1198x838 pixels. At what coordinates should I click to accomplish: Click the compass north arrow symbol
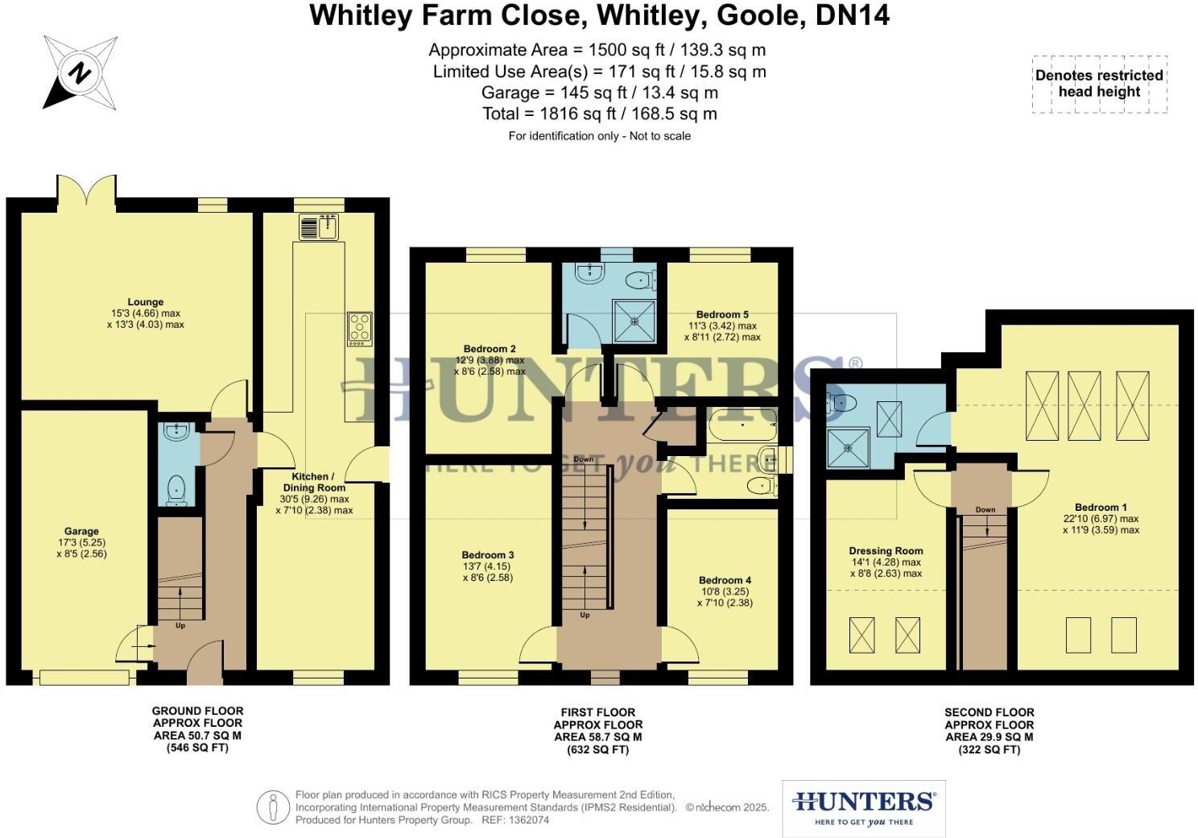(x=79, y=73)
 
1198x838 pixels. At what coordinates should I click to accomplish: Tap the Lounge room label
(x=145, y=302)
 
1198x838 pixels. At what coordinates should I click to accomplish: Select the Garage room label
(x=81, y=531)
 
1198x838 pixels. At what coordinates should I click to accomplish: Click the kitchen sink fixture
(x=320, y=227)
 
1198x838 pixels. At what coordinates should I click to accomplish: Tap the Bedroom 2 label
(x=490, y=349)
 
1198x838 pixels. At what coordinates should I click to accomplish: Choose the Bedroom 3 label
(x=488, y=554)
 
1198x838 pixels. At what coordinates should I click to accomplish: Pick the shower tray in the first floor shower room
(x=635, y=320)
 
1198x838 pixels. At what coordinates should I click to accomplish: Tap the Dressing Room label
(x=886, y=551)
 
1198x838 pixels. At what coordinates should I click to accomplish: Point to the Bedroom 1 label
(x=1101, y=508)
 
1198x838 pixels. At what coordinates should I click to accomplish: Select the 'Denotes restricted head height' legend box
(x=1099, y=84)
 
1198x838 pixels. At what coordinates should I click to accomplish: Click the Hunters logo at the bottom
(x=863, y=807)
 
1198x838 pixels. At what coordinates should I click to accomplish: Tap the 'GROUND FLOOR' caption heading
(x=197, y=711)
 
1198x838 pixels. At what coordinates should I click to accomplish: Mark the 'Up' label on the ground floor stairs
(x=180, y=624)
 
